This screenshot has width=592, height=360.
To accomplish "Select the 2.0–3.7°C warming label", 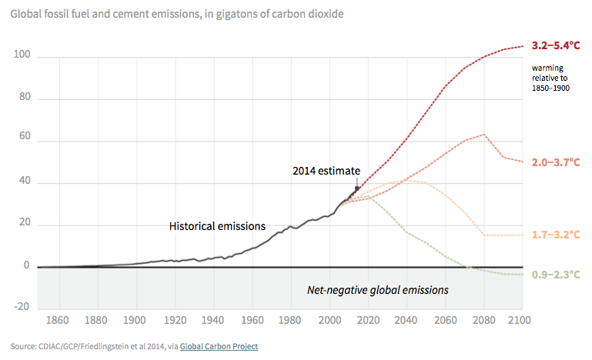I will pyautogui.click(x=557, y=163).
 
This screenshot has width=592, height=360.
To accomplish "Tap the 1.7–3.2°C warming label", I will pyautogui.click(x=557, y=235).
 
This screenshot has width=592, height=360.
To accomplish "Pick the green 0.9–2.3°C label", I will pyautogui.click(x=557, y=275).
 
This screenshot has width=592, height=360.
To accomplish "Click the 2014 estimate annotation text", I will pyautogui.click(x=326, y=170).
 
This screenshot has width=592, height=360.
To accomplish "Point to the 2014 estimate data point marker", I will pyautogui.click(x=356, y=188).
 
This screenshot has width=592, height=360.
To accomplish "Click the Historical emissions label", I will pyautogui.click(x=217, y=226).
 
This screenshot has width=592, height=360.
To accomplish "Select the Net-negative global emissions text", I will pyautogui.click(x=377, y=290).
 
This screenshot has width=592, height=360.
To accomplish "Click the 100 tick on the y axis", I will pyautogui.click(x=22, y=55).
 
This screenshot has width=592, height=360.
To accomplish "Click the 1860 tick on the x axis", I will pyautogui.click(x=58, y=320).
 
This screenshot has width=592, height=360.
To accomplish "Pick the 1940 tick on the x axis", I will pyautogui.click(x=212, y=320).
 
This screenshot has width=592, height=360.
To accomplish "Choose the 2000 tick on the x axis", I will pyautogui.click(x=329, y=320).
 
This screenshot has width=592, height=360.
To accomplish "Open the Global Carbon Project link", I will pyautogui.click(x=219, y=347).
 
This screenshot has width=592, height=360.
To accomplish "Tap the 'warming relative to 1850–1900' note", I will pyautogui.click(x=550, y=78).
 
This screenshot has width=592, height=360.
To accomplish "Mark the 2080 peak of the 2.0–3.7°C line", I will pyautogui.click(x=483, y=135).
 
